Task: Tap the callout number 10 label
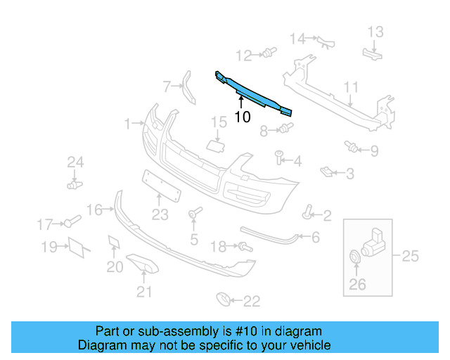click(242, 117)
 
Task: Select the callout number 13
click(375, 32)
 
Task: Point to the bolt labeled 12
click(268, 52)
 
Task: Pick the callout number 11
click(351, 87)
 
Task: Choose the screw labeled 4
click(278, 156)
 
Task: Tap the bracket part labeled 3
click(326, 170)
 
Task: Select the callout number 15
click(219, 124)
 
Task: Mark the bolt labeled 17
click(71, 223)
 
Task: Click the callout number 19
click(49, 247)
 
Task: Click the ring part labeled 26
click(356, 258)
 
